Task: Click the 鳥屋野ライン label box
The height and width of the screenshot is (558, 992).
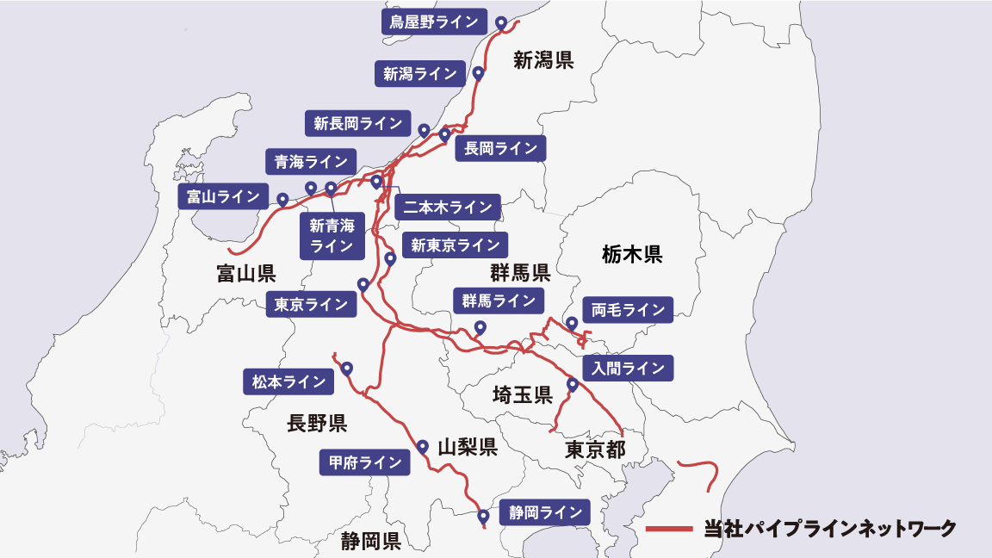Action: click(433, 22)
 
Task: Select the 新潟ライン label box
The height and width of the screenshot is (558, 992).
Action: click(419, 73)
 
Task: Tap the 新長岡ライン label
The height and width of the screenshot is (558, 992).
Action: click(357, 123)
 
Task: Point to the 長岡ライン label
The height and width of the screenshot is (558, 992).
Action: click(500, 148)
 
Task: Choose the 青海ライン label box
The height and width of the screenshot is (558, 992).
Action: click(310, 161)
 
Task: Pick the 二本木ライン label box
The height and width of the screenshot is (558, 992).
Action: click(447, 207)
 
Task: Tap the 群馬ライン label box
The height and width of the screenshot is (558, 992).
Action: click(499, 301)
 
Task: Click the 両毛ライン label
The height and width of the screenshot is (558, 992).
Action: click(628, 310)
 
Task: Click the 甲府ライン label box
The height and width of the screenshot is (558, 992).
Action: click(364, 462)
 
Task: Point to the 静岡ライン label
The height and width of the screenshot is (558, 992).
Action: click(545, 512)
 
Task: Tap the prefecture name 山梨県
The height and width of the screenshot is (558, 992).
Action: click(467, 448)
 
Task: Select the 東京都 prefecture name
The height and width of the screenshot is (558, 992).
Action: click(594, 449)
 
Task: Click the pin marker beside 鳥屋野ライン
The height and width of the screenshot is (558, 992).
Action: click(501, 21)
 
